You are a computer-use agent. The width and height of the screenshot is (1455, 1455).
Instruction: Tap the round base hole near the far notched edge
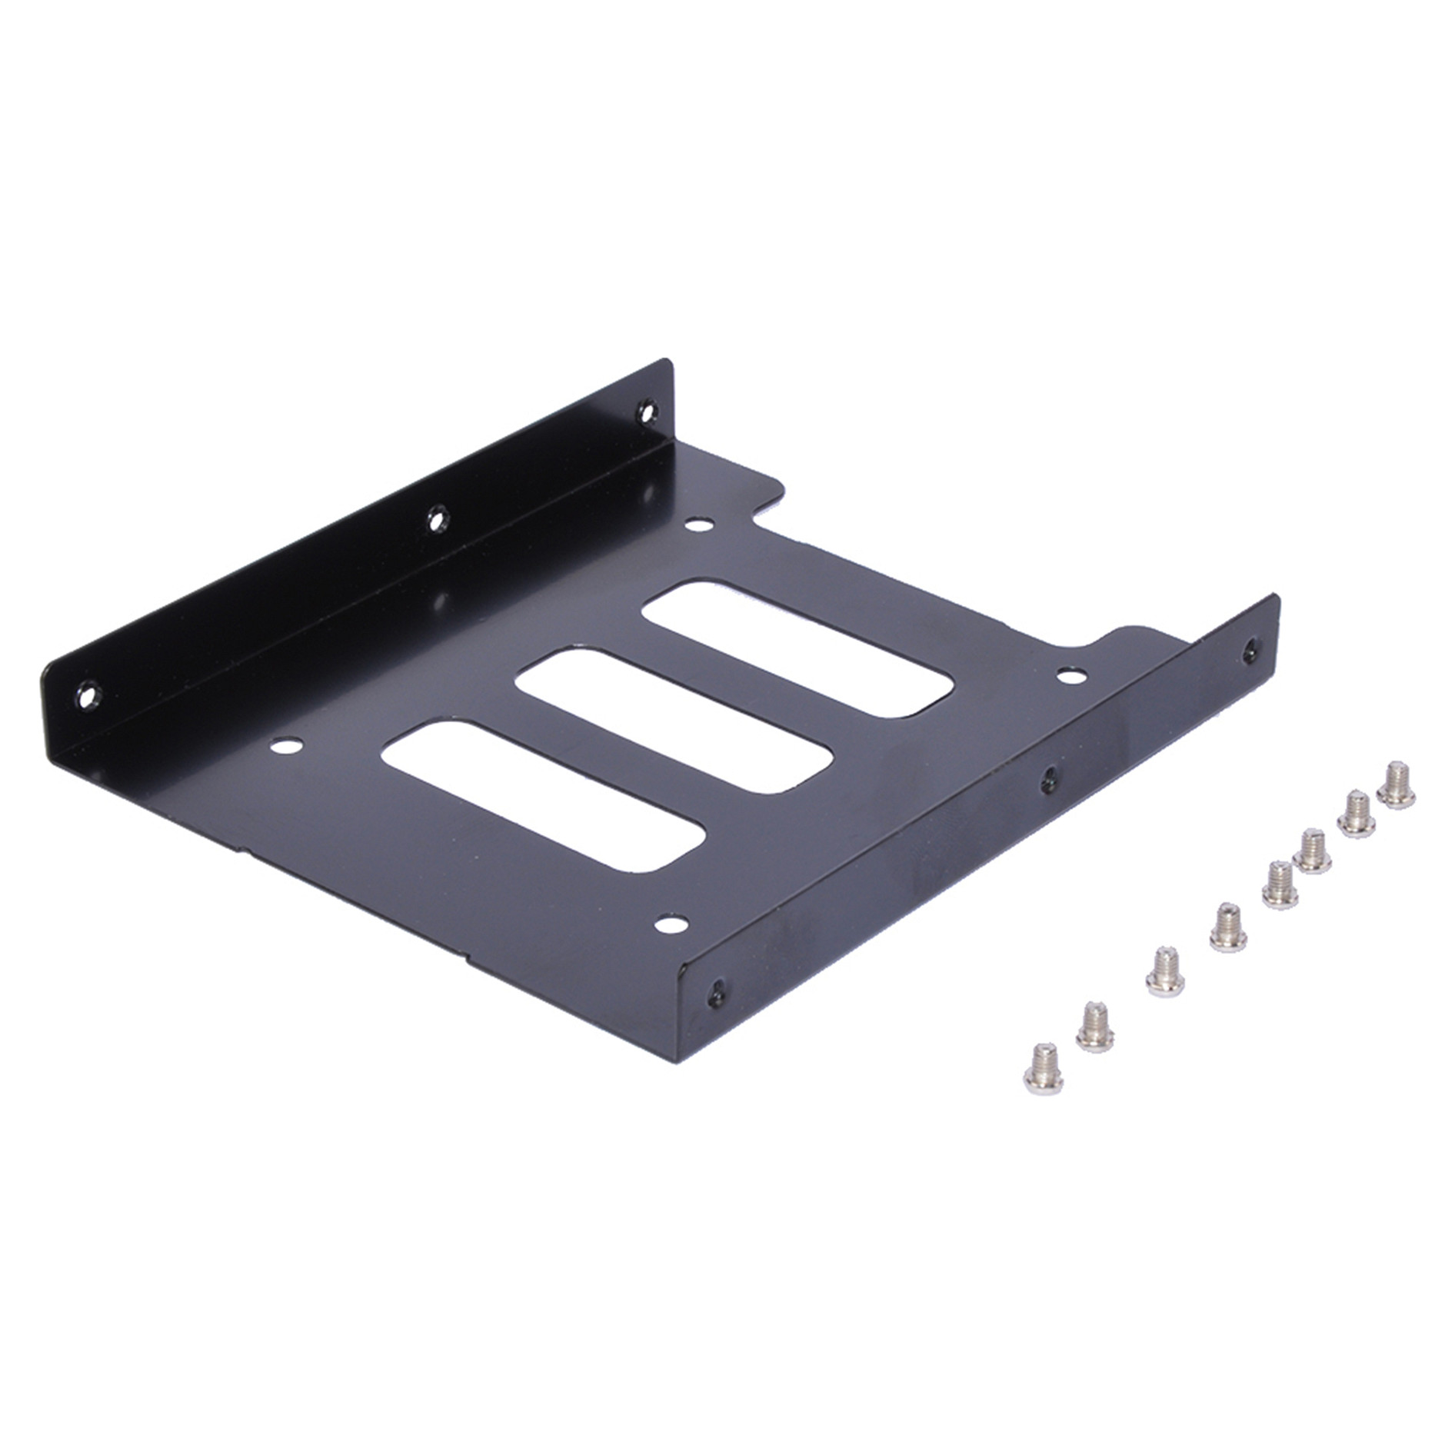coord(698,526)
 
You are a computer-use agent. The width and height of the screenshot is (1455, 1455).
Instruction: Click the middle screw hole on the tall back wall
coord(437,518)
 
